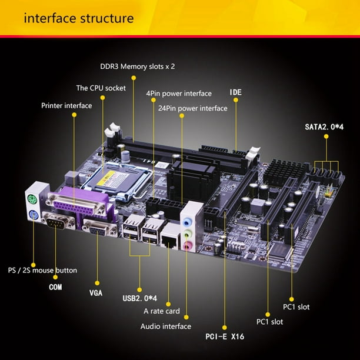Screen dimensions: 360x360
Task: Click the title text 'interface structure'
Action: [x=78, y=18]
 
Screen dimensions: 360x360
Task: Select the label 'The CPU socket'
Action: [x=101, y=87]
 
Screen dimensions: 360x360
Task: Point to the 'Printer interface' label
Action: [x=66, y=106]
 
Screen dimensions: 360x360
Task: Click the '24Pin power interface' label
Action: [x=192, y=108]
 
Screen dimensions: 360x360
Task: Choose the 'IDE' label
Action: [x=235, y=93]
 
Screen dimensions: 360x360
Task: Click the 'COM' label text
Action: [x=55, y=287]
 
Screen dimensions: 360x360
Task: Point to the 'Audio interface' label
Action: [x=165, y=326]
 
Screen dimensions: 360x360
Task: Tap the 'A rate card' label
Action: [x=162, y=312]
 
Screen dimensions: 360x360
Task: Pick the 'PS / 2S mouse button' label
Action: [x=42, y=271]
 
